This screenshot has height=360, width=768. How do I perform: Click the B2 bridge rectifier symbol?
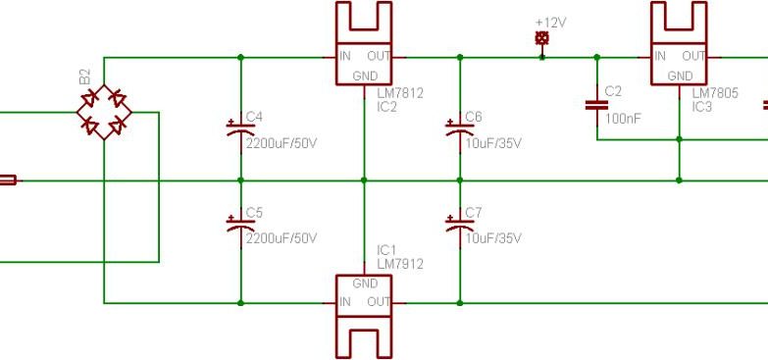[x=103, y=112]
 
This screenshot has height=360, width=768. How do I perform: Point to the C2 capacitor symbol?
[x=595, y=104]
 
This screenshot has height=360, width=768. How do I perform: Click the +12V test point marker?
[x=541, y=38]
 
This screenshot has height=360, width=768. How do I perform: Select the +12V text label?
[x=551, y=21]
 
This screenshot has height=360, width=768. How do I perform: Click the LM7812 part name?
[x=400, y=93]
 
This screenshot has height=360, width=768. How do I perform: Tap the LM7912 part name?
[x=400, y=264]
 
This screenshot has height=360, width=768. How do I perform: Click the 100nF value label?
[x=623, y=118]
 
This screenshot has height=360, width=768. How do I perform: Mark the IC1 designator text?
[x=387, y=250]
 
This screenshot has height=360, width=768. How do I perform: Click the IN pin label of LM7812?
[x=345, y=57]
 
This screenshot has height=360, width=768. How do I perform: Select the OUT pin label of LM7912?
[x=379, y=302]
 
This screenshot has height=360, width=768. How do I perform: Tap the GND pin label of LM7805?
[x=680, y=76]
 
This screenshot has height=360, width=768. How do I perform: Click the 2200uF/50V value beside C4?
[x=282, y=143]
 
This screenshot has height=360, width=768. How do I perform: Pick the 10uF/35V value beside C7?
[x=493, y=238]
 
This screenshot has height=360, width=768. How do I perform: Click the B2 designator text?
[x=84, y=76]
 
